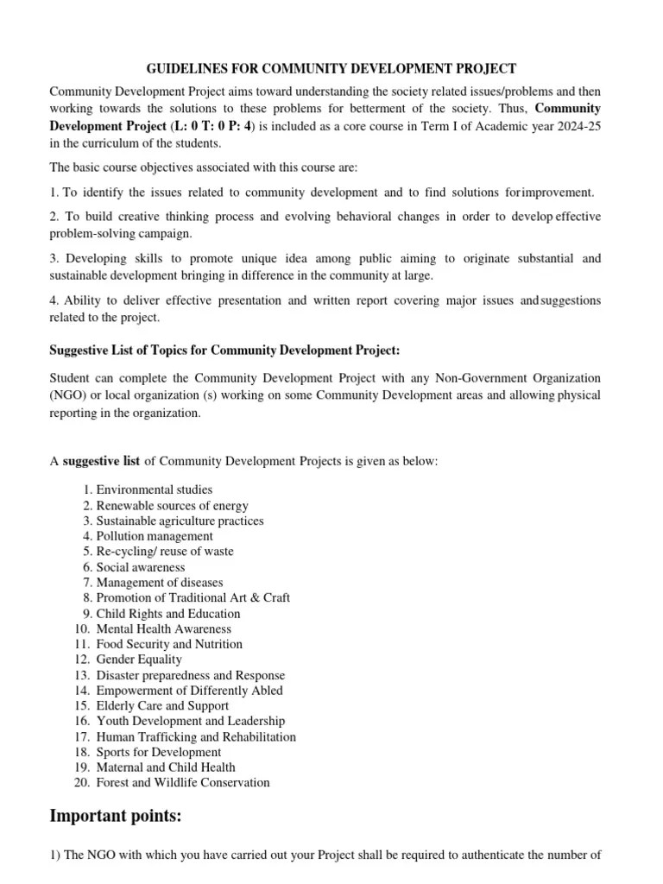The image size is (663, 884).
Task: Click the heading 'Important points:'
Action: coord(116,816)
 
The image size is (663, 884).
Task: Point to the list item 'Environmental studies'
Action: coord(154,489)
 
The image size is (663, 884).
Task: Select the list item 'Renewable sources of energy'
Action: coord(172,505)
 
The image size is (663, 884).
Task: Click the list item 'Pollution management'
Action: coord(155,536)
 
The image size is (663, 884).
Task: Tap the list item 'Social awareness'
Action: coord(141,567)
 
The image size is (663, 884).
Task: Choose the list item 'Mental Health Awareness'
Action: coord(164,628)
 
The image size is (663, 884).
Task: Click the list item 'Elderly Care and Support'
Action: coord(162,705)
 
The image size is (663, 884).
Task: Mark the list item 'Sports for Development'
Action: coord(159,752)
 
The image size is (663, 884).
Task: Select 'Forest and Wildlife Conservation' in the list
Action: coord(183,782)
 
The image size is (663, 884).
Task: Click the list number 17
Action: coord(82,736)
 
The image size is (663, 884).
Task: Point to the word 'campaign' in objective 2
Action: coord(167,233)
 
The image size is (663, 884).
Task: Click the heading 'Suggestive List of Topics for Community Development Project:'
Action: coord(225,350)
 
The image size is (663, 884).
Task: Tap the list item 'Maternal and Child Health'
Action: coord(166,767)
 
